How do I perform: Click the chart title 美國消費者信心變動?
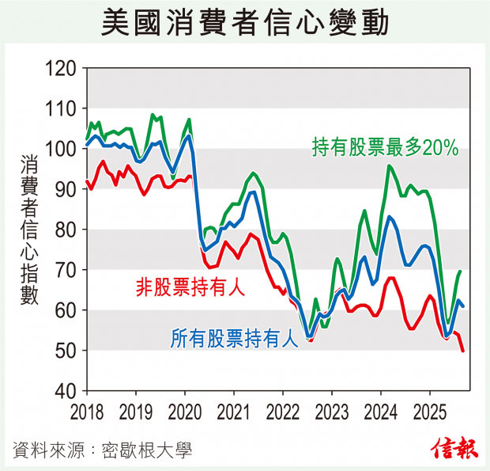[x=245, y=23]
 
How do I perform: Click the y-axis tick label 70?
[x=66, y=270]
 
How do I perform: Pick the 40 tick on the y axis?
[x=66, y=391]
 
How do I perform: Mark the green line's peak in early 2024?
[x=389, y=165]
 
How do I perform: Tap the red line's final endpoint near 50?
[x=462, y=350]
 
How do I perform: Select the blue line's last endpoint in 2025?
[x=462, y=306]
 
